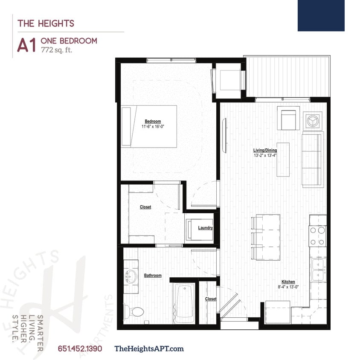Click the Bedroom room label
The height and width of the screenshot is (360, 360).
pos(153,121)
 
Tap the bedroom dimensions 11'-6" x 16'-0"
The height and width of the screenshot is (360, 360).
pos(153,127)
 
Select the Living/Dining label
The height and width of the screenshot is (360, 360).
pos(265,150)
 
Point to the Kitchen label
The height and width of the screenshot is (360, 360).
pos(288,282)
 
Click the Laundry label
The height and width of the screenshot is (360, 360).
pos(205,228)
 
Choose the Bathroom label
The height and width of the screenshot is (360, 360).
pos(153,276)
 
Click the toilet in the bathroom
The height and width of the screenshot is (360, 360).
pos(134,310)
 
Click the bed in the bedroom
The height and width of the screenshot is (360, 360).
pos(149,126)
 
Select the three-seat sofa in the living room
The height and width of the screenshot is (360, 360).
pos(312,160)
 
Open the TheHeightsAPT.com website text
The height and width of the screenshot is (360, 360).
pos(149,348)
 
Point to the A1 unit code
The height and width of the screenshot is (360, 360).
pos(26,46)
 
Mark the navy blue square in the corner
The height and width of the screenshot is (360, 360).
pos(321,15)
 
